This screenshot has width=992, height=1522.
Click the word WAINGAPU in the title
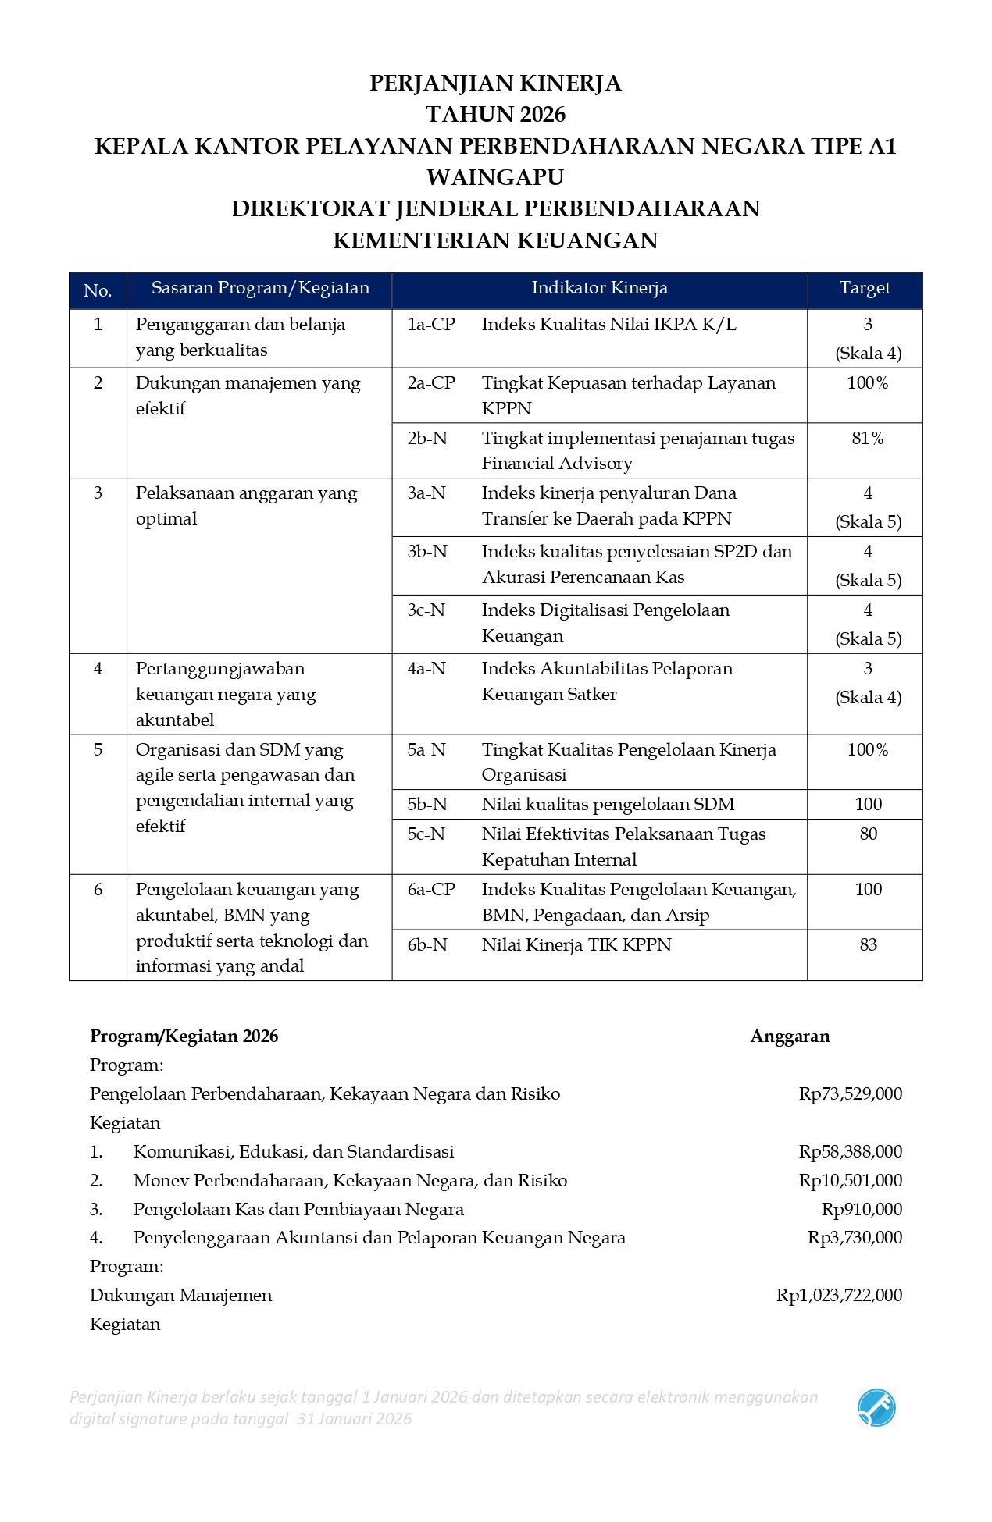click(495, 177)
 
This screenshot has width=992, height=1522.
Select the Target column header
click(864, 288)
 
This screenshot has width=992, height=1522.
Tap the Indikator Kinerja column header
click(599, 288)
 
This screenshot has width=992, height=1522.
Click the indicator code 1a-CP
click(430, 325)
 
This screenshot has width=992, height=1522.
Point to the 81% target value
click(867, 439)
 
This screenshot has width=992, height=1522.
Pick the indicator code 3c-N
click(426, 610)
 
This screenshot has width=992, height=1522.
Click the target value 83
click(868, 945)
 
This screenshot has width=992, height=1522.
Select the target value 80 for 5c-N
click(868, 834)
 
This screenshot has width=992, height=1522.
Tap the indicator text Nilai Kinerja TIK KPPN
click(576, 945)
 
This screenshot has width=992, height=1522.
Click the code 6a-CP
click(430, 890)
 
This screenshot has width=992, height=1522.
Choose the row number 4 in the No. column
click(98, 669)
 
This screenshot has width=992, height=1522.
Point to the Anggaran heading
click(790, 1037)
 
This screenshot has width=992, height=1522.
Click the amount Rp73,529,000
click(850, 1094)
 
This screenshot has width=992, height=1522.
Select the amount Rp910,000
click(862, 1210)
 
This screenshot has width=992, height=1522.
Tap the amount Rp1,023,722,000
click(839, 1296)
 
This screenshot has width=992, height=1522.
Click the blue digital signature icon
click(876, 1408)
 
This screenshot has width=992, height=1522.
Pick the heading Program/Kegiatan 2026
click(184, 1037)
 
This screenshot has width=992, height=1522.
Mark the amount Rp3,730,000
click(855, 1238)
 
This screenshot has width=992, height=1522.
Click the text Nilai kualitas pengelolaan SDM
click(608, 805)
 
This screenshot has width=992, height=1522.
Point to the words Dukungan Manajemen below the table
click(180, 1296)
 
